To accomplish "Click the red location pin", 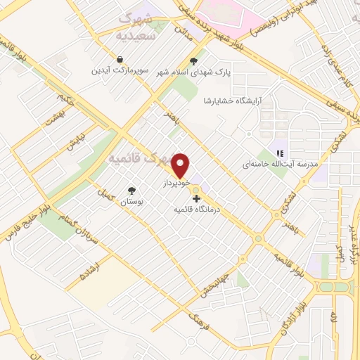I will pos(181,165).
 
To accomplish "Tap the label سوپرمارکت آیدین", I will pos(120,71).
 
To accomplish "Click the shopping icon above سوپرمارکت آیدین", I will pos(120,60).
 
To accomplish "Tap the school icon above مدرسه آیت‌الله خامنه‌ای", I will pos(280,153).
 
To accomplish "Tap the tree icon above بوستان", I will pos(131,191).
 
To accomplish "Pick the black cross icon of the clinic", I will pos(195,199).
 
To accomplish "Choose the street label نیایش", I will pos(75,142).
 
